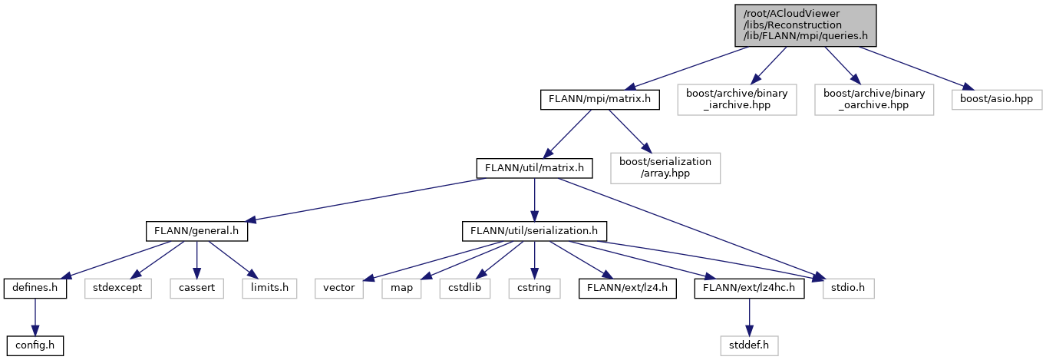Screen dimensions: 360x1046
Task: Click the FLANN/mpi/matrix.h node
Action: [x=599, y=99]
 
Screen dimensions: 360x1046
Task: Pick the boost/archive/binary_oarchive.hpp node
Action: [x=874, y=99]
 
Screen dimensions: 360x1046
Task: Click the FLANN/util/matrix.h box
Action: [x=534, y=167]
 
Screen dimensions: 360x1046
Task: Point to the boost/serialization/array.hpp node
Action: [x=665, y=167]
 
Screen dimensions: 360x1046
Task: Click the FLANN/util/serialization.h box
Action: [x=534, y=230]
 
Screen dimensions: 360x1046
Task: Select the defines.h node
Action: [x=35, y=289]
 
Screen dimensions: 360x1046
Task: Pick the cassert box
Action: [x=198, y=289]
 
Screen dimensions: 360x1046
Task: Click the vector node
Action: [x=338, y=289]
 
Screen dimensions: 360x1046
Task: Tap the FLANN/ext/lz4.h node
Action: [x=627, y=289]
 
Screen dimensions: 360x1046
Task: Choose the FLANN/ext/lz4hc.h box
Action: [x=749, y=289]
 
